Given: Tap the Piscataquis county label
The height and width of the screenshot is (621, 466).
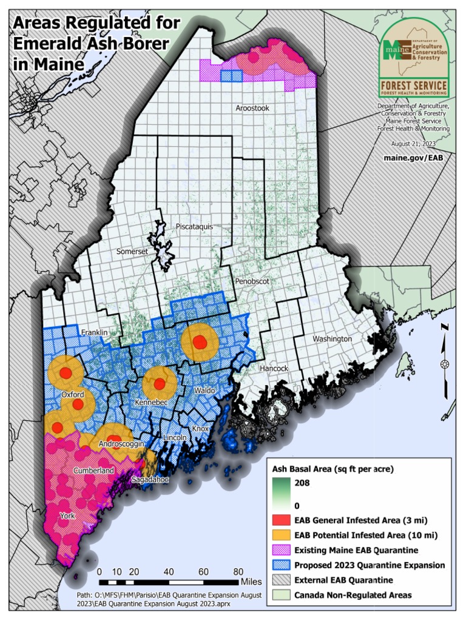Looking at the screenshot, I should point(194,226).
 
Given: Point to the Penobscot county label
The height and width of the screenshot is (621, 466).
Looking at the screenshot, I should point(251,282).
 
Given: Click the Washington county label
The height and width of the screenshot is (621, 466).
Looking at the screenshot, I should point(332,338).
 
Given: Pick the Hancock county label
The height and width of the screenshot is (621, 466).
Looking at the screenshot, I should point(274,368).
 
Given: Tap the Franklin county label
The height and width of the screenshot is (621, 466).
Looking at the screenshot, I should point(95,332).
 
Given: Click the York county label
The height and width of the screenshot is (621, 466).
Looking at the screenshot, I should point(68,515).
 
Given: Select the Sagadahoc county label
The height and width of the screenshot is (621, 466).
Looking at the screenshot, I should point(150,480).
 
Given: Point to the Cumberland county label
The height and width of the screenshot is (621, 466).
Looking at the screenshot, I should point(93,471).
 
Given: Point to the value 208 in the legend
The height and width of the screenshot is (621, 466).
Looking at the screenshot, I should point(302,483).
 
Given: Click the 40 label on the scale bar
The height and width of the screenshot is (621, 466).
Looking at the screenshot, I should point(169,571).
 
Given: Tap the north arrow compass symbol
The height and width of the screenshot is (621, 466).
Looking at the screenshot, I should point(445,363).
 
